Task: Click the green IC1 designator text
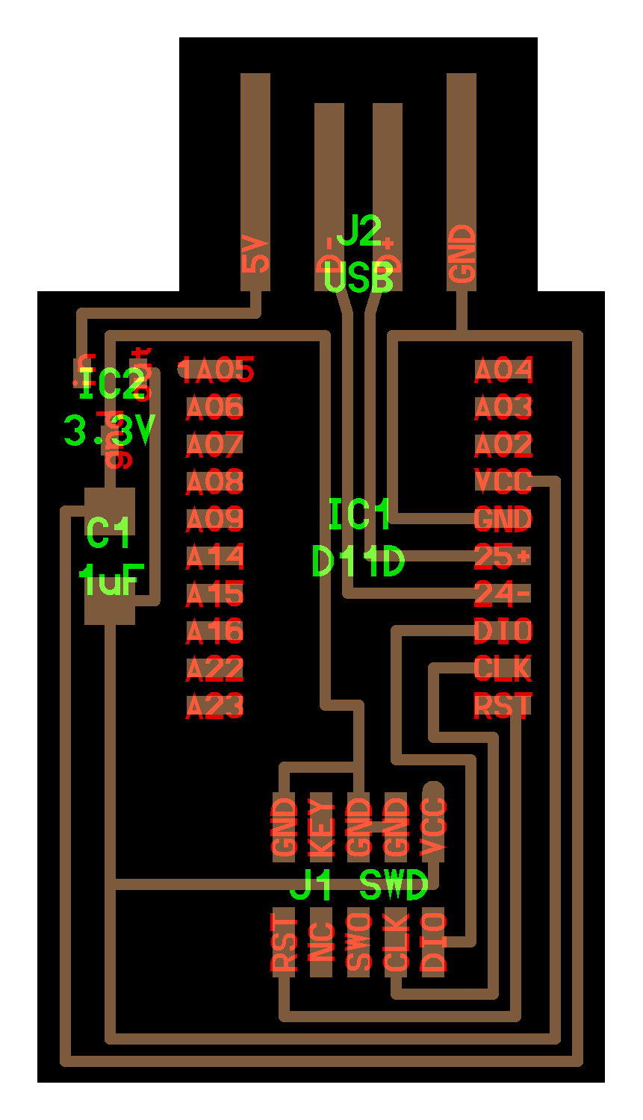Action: point(360,515)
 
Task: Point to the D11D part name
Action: point(358,561)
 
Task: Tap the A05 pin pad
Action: point(217,370)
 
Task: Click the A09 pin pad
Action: point(214,519)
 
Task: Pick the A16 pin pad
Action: point(214,632)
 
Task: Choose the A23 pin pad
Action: point(214,706)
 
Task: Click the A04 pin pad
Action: point(504,370)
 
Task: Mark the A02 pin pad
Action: point(504,445)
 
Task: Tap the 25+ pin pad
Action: point(504,557)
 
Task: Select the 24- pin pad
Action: point(504,594)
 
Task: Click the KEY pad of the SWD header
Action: point(321,827)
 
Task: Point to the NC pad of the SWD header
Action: point(321,943)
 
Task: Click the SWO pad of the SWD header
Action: point(359,943)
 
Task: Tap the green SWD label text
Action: point(394,886)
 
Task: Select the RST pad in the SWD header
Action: point(285,943)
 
